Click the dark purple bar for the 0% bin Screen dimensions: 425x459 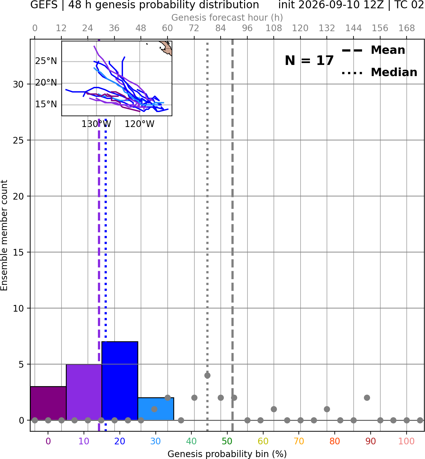click(x=48, y=403)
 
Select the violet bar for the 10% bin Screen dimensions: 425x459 click(x=84, y=392)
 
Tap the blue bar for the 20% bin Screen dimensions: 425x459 click(x=120, y=381)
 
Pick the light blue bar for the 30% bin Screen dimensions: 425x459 click(x=156, y=409)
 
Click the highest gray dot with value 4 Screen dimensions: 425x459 click(x=207, y=375)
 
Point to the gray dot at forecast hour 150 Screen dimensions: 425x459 click(x=367, y=398)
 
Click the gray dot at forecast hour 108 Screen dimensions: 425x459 click(x=274, y=409)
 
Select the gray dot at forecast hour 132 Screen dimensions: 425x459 click(x=327, y=409)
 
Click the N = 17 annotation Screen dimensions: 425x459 click(x=309, y=60)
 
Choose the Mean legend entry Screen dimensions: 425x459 click(x=373, y=50)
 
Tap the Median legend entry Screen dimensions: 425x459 click(x=380, y=72)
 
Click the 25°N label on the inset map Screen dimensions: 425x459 click(x=46, y=61)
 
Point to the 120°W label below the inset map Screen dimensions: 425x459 click(x=140, y=124)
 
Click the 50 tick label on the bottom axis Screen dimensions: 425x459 click(x=227, y=441)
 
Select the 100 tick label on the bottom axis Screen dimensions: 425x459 click(x=407, y=441)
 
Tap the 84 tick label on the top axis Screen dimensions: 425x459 click(x=221, y=28)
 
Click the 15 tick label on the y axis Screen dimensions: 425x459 click(x=18, y=252)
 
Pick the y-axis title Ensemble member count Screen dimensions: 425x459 click(x=4, y=235)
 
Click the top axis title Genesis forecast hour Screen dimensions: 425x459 click(x=227, y=18)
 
